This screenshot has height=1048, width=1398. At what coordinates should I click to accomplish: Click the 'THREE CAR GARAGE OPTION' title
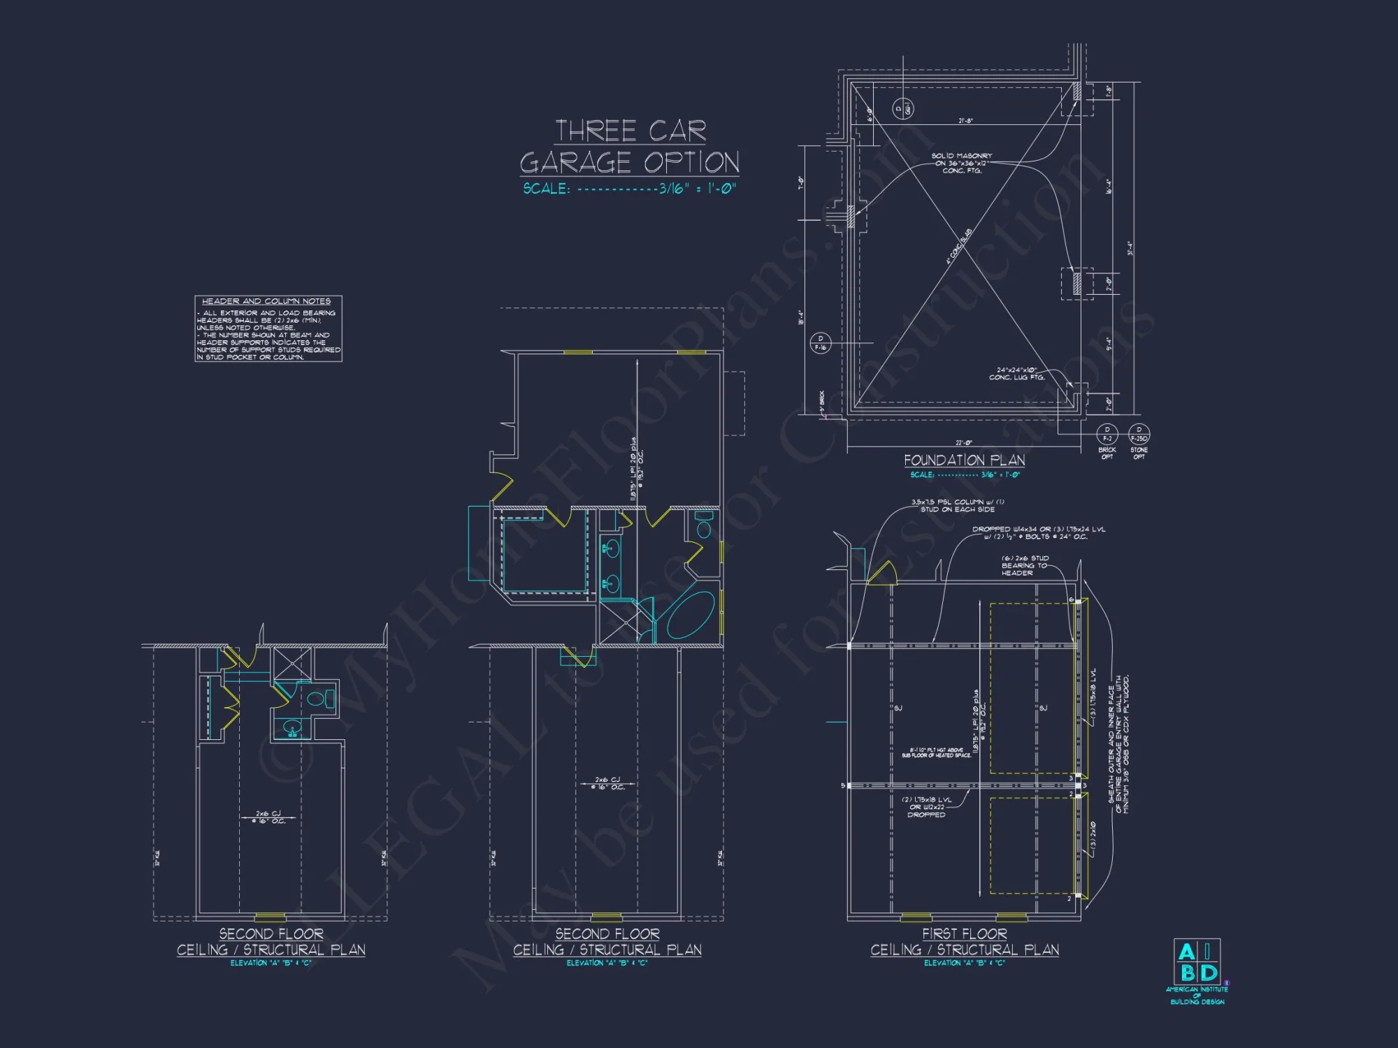[629, 147]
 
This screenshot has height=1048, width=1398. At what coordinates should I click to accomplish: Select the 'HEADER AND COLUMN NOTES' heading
[266, 301]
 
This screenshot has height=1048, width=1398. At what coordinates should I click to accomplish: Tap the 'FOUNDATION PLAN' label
[964, 460]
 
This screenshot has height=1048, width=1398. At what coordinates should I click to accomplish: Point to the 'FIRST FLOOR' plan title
[964, 933]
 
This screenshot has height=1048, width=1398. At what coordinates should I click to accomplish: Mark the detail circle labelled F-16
[820, 343]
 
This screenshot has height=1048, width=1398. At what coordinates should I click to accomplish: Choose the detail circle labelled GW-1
[903, 108]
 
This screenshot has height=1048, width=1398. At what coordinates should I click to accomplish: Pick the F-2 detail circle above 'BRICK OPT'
[1107, 434]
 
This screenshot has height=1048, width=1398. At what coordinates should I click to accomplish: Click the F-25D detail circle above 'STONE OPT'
[1139, 434]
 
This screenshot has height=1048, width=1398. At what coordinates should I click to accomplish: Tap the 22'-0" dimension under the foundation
[964, 443]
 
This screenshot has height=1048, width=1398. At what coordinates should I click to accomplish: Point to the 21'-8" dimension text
[965, 121]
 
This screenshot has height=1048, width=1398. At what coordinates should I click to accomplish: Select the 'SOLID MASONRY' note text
[962, 163]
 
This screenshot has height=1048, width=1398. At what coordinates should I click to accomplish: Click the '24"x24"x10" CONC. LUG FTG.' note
[1016, 374]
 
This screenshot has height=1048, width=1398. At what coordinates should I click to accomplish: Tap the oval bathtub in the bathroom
[689, 615]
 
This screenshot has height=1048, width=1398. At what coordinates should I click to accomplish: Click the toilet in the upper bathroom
[703, 525]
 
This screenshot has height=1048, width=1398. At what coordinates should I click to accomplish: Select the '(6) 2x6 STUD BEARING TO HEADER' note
[1025, 565]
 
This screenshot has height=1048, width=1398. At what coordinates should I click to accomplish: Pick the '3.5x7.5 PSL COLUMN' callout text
[958, 505]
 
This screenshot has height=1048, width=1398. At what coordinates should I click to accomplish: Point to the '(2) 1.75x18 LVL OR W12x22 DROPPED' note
[926, 807]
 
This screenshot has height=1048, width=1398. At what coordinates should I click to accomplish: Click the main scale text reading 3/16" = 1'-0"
[629, 189]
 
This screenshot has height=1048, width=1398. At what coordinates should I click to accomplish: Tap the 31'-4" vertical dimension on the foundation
[1130, 249]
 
